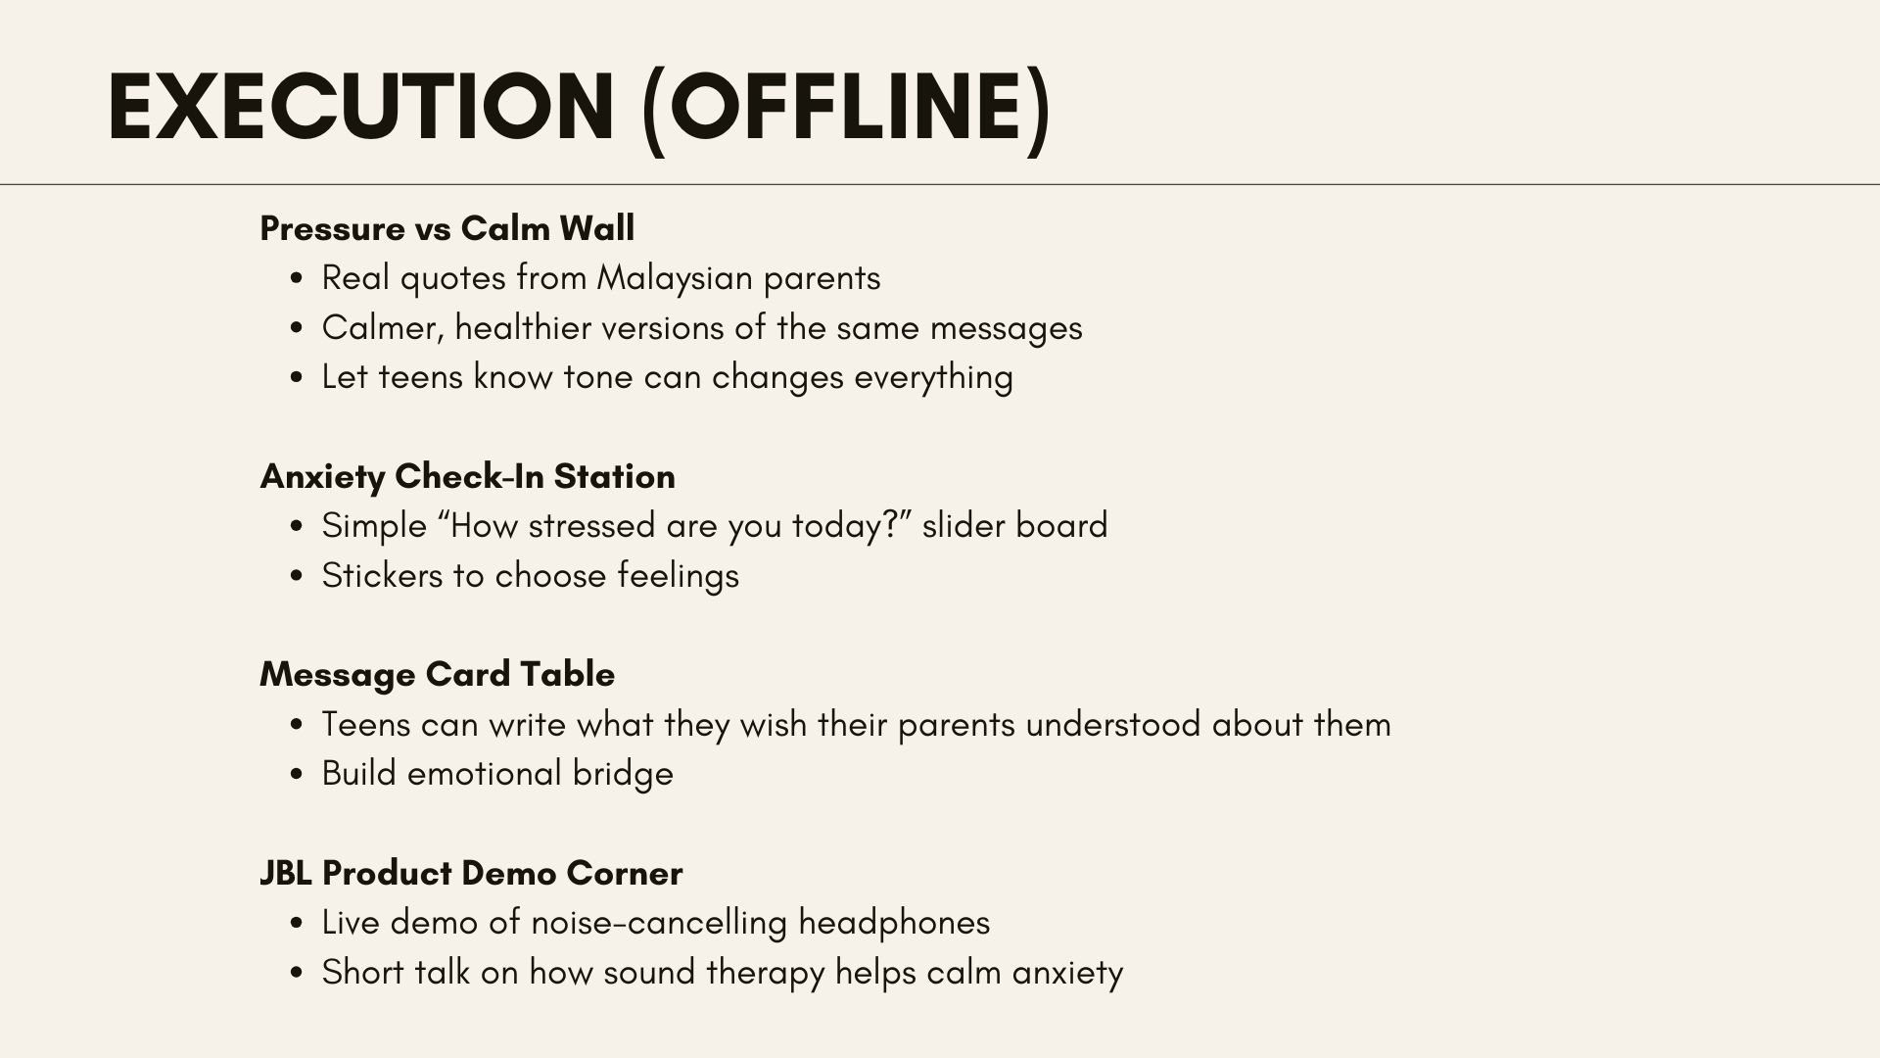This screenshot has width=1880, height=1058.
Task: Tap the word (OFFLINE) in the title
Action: coord(846,110)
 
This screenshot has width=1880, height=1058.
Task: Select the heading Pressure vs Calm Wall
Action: coord(447,228)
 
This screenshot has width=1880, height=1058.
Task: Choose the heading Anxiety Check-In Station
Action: coord(468,476)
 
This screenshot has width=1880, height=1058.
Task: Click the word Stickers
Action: coord(382,575)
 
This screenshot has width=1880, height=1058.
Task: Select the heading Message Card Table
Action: coord(438,674)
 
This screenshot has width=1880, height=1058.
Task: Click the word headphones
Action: coord(894,923)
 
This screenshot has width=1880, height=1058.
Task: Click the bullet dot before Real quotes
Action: coord(297,279)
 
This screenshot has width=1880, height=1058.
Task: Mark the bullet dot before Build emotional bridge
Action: coord(297,775)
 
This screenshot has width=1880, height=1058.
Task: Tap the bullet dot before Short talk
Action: coord(297,974)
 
